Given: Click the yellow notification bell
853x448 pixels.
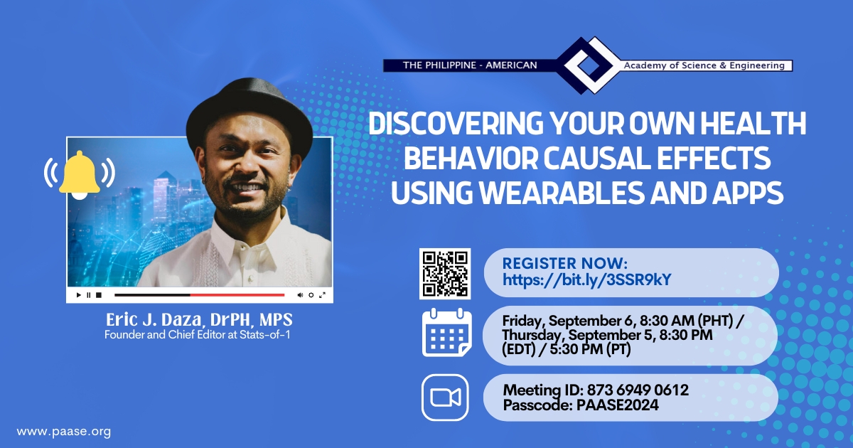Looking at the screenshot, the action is [79, 175].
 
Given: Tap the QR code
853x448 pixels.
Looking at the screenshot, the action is [445, 274].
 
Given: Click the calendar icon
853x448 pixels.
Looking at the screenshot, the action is [446, 332].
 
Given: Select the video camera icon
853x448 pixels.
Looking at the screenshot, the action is [445, 398].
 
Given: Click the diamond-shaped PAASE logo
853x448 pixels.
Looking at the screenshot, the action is [589, 65].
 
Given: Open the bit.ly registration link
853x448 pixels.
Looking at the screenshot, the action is [587, 279].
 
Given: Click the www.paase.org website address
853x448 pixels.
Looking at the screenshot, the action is [64, 432].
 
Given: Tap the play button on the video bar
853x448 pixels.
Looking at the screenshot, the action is [78, 295].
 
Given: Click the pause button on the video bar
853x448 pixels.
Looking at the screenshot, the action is [89, 295].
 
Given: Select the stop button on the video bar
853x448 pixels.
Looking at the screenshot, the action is [99, 295].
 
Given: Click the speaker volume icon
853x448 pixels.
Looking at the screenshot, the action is [300, 295].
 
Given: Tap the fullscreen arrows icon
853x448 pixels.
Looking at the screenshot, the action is [322, 295].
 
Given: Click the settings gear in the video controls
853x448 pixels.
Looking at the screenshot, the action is [311, 295].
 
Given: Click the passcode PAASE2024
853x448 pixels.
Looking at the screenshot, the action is [617, 405].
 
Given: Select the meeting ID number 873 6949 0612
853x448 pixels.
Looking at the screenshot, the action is [638, 390].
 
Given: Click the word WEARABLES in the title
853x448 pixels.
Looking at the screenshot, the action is [561, 193].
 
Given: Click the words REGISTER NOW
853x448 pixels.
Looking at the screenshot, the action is [564, 264].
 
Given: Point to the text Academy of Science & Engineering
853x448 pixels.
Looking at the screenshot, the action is [704, 65].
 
